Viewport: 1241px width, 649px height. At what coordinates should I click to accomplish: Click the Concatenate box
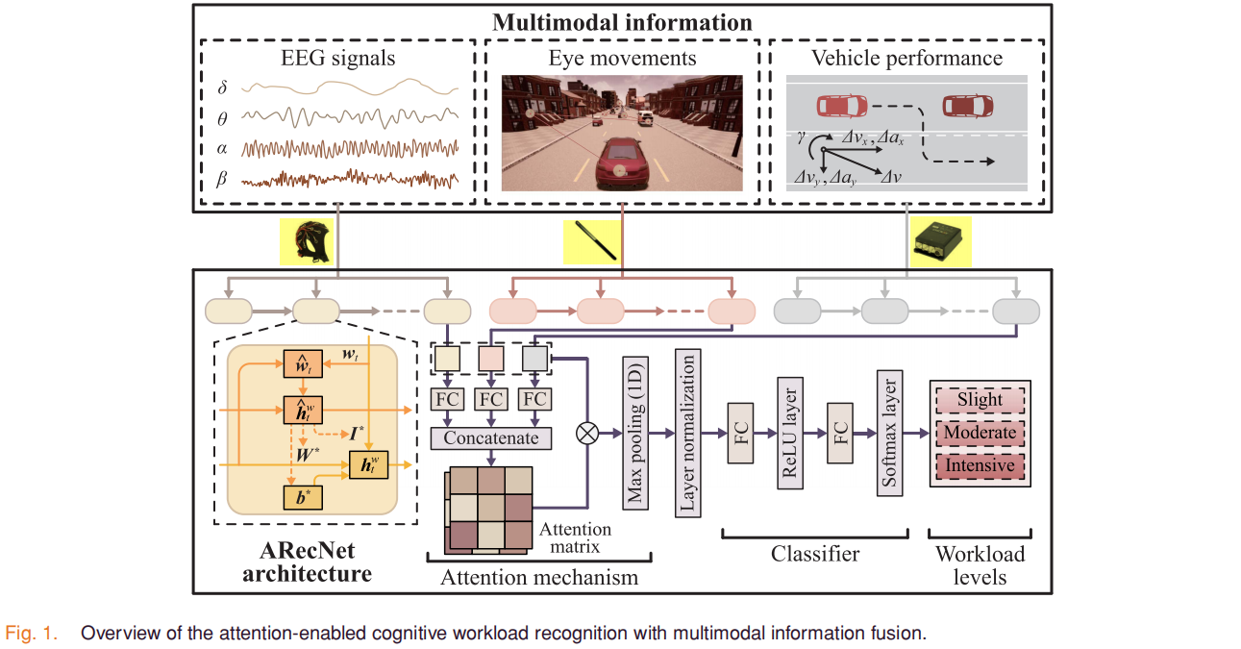click(x=491, y=437)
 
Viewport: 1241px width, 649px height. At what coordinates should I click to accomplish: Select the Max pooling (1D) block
click(x=635, y=433)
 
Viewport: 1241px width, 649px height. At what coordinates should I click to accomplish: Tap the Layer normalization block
click(x=688, y=433)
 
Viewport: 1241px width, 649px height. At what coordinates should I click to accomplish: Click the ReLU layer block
click(x=790, y=433)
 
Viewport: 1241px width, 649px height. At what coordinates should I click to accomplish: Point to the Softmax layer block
click(x=890, y=433)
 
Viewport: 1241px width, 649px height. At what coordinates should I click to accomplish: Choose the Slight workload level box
click(x=980, y=400)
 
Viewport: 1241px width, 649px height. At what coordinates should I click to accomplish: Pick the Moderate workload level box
click(x=980, y=433)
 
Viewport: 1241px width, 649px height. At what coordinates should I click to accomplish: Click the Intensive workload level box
click(x=980, y=465)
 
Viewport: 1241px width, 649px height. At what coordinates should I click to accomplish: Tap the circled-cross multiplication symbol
click(x=587, y=433)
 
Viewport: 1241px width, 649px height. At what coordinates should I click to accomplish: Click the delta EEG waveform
click(x=350, y=87)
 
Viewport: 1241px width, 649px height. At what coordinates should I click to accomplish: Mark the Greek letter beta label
click(x=222, y=179)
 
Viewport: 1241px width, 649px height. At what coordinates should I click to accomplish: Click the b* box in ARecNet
click(x=303, y=497)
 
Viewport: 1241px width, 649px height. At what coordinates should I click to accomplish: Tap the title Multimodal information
click(x=622, y=23)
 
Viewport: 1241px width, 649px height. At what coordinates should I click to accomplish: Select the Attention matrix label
click(x=575, y=537)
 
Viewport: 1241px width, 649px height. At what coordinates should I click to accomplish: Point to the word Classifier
click(x=815, y=554)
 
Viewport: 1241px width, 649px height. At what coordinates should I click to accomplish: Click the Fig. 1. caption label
click(x=32, y=633)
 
